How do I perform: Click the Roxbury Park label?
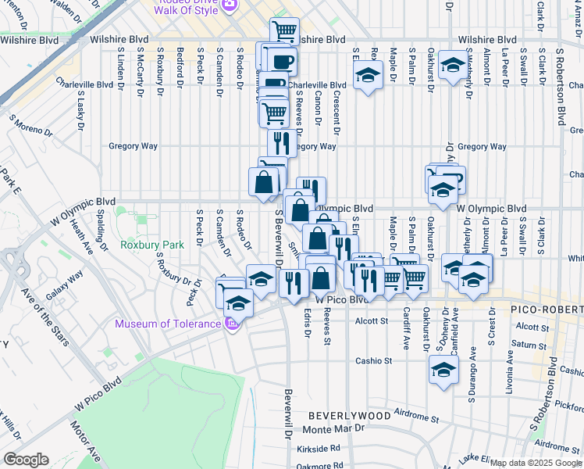click(152, 245)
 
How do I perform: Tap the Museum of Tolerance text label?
click(167, 324)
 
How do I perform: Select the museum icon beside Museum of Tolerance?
click(231, 324)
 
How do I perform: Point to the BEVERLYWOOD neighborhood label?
click(349, 416)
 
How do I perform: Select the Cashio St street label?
click(373, 361)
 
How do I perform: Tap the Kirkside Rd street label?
click(319, 449)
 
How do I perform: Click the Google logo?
click(26, 460)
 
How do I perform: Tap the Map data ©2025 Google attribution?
click(536, 463)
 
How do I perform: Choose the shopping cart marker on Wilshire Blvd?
click(284, 31)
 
